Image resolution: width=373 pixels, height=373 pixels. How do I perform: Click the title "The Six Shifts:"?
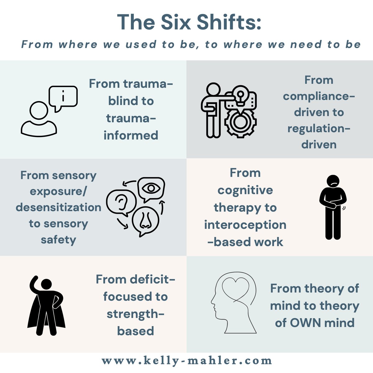click(189, 22)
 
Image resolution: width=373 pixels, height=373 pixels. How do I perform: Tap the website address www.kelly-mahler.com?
click(186, 361)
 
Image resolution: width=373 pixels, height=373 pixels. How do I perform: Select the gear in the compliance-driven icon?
click(239, 122)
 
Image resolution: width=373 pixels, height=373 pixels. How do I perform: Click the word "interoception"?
click(245, 225)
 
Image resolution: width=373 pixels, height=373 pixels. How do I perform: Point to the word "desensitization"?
click(58, 207)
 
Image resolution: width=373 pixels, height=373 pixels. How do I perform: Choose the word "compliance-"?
click(319, 96)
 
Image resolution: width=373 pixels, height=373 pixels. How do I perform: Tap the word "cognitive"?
click(245, 190)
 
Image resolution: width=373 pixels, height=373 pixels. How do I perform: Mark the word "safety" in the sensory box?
click(58, 240)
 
